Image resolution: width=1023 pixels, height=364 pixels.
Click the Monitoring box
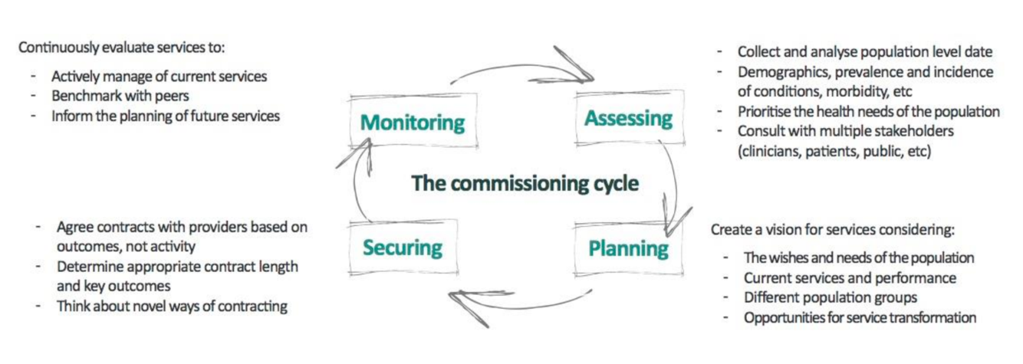(x=413, y=123)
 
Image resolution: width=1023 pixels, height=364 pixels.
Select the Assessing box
(x=628, y=119)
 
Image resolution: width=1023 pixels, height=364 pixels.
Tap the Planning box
(x=628, y=248)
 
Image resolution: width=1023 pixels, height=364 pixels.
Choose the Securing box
(x=403, y=248)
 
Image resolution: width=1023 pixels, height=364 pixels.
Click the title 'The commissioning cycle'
(x=525, y=184)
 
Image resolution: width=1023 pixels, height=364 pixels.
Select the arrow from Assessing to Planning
(x=673, y=184)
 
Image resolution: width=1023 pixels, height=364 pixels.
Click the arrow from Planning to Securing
(x=521, y=303)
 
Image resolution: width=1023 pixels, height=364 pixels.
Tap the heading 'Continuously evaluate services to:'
(x=122, y=48)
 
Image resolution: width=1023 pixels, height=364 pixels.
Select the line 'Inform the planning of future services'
(x=165, y=116)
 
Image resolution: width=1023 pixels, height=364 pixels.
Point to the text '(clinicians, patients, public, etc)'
(x=834, y=152)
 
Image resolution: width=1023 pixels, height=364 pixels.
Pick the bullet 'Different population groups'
(x=831, y=297)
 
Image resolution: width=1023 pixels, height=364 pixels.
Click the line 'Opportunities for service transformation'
(x=860, y=317)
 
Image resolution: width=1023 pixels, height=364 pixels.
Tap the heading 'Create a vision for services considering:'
(x=832, y=229)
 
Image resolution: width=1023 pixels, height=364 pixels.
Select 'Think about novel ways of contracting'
(x=172, y=307)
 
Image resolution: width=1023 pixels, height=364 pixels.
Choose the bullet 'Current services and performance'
(x=850, y=277)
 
